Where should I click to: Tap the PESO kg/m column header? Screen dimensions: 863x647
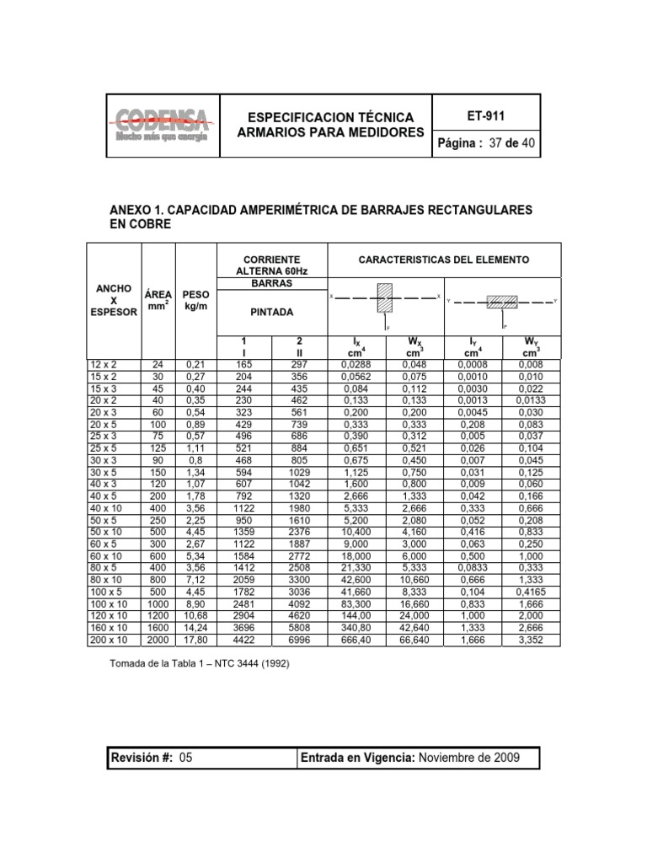pyautogui.click(x=195, y=300)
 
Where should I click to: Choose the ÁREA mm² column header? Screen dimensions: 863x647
pyautogui.click(x=158, y=300)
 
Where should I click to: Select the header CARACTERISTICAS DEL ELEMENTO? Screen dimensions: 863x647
pyautogui.click(x=444, y=260)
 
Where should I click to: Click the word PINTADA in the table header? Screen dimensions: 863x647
pyautogui.click(x=272, y=311)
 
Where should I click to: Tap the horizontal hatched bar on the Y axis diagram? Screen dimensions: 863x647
pyautogui.click(x=502, y=301)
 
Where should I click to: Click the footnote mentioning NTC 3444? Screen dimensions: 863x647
pyautogui.click(x=201, y=662)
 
